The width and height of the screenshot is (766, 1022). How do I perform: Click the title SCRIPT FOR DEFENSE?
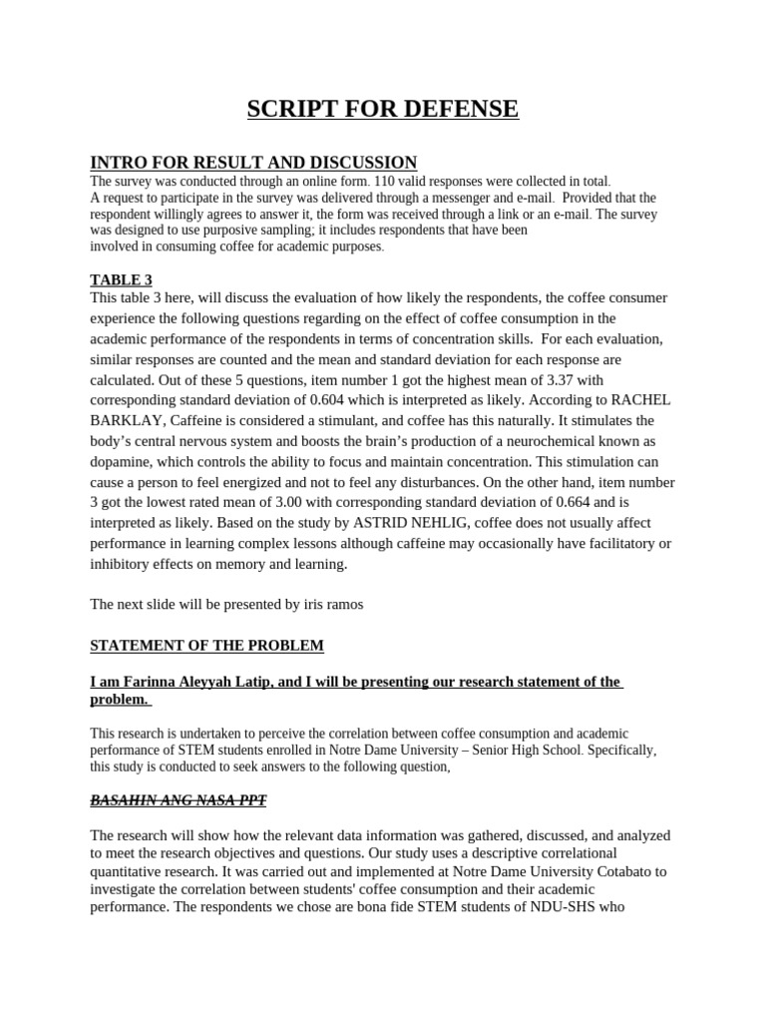point(383,109)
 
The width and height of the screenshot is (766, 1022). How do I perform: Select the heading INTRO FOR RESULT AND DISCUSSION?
point(253,163)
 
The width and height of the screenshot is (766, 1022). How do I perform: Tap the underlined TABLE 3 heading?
point(121,280)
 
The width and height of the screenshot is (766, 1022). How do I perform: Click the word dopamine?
point(124,462)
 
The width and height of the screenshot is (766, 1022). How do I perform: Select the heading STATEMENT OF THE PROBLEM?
point(207,646)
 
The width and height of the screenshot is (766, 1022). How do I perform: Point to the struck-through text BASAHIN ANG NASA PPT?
point(179,800)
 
